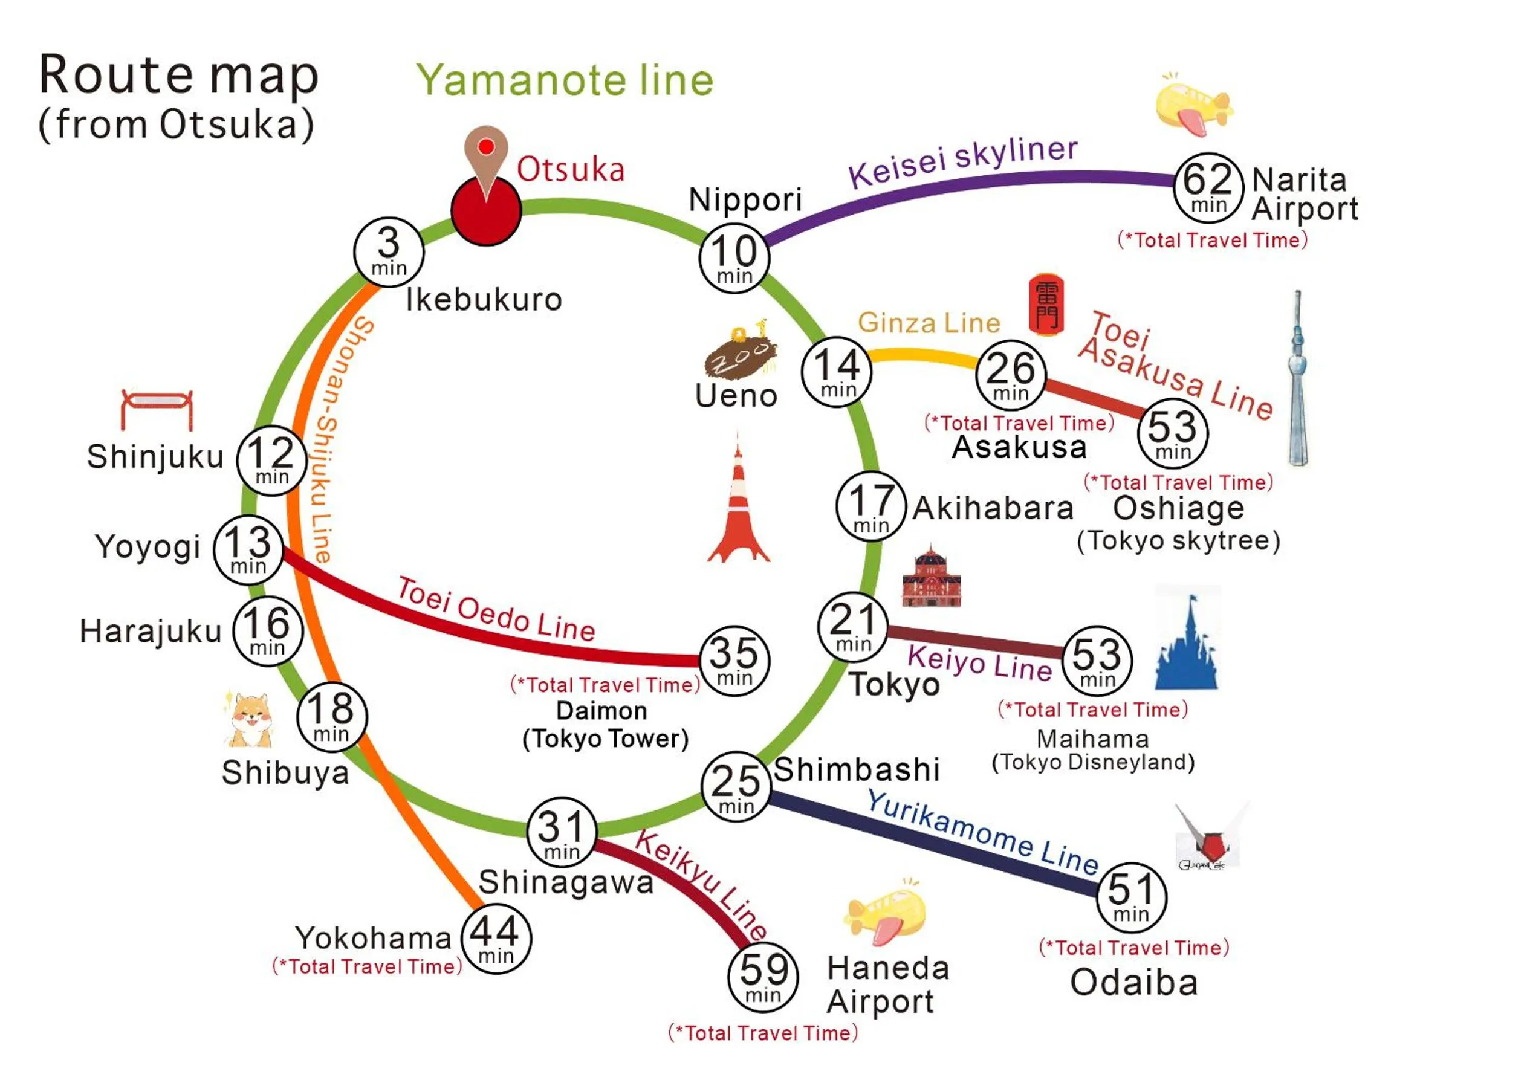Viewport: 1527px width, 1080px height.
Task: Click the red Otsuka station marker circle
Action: (x=485, y=211)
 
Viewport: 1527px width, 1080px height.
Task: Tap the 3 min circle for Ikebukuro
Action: (x=389, y=252)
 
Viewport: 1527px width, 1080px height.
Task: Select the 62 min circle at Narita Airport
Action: (x=1208, y=187)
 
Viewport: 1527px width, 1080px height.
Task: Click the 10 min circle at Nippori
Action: (x=734, y=258)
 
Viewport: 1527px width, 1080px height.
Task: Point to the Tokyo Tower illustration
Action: (x=738, y=505)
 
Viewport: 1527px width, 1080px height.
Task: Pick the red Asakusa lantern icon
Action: (x=1046, y=304)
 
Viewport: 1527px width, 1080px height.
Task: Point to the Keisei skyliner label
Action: (x=962, y=161)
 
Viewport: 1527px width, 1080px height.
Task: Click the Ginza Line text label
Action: (x=929, y=323)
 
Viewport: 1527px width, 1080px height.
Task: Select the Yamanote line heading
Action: (x=565, y=80)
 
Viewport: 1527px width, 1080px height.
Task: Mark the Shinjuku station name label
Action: (x=155, y=457)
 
